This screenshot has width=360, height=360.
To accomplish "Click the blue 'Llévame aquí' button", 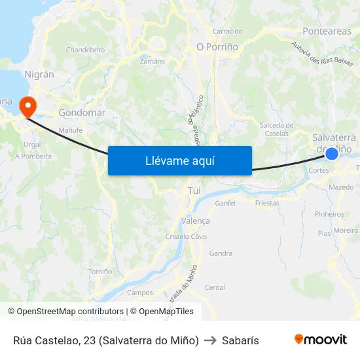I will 179,160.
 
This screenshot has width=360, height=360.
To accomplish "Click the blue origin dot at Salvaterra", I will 332,153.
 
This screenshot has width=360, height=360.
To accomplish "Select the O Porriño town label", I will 217,46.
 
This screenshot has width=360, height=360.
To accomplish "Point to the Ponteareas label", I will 327,31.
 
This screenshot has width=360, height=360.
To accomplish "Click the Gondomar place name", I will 82,113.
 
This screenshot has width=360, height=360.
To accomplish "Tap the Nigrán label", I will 39,74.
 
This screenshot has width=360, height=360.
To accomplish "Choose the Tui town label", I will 194,190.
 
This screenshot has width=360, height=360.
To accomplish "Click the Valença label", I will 196,221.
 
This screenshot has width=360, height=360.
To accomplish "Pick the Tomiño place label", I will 100,271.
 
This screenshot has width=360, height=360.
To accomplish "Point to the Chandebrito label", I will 85,50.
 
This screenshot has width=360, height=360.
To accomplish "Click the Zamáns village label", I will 153,61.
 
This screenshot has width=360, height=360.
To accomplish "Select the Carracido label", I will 227,31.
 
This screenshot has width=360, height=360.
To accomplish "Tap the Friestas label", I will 267,203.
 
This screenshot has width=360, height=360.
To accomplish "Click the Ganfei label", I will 225,203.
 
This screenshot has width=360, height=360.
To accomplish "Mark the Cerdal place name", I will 215,287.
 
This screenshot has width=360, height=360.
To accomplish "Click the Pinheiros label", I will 329,214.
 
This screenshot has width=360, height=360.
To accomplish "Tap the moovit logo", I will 321,339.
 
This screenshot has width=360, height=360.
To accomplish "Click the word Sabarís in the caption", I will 240,340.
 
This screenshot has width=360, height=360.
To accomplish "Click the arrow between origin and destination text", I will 210,340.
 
